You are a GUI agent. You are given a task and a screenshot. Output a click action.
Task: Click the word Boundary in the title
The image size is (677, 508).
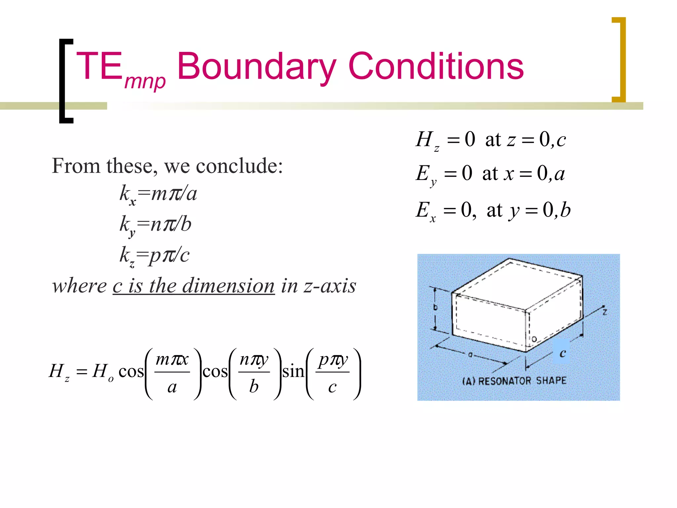[257, 67]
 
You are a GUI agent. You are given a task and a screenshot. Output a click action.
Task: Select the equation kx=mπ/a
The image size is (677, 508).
[158, 194]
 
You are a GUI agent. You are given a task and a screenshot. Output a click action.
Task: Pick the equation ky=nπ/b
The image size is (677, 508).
[155, 225]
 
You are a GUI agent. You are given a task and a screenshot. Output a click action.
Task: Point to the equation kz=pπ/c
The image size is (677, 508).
[154, 256]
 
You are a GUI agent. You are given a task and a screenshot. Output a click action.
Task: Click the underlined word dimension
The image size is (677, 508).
[228, 286]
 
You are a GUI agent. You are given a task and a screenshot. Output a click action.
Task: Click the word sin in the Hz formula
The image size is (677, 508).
[293, 371]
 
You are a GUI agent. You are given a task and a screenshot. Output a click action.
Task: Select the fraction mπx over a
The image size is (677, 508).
[172, 372]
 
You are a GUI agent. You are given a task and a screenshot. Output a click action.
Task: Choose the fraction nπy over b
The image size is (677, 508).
[254, 372]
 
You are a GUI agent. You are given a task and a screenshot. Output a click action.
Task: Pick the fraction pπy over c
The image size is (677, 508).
[333, 372]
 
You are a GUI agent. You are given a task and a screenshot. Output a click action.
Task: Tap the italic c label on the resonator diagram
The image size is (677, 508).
[562, 353]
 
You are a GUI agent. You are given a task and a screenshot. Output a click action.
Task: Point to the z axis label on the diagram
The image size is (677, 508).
[605, 312]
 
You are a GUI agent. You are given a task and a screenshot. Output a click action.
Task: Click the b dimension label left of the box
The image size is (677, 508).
[435, 307]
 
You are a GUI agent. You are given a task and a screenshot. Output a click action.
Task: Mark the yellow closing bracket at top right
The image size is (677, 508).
[619, 60]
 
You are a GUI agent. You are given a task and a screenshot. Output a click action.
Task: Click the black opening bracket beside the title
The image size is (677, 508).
[65, 81]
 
